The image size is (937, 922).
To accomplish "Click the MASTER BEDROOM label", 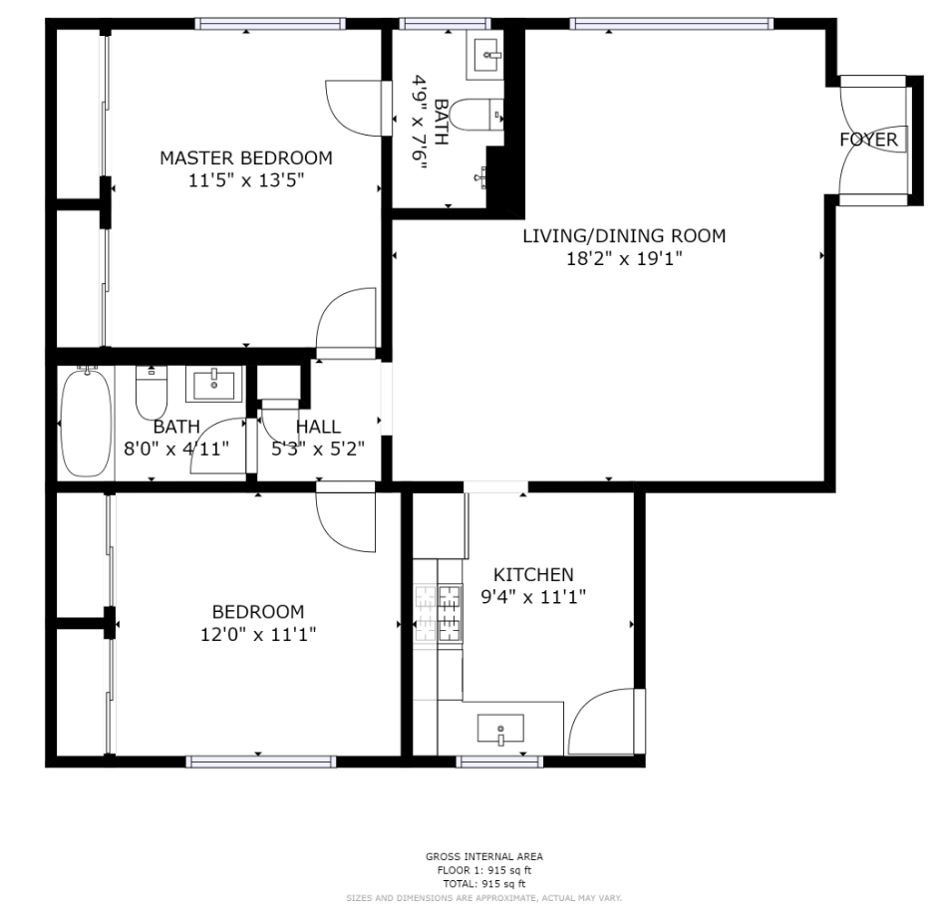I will pos(246,157).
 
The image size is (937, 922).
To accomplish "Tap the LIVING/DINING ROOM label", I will pos(624,236).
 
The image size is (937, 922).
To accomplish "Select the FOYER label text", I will pos(868,140).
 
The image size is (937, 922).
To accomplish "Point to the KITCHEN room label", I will pos(534,574).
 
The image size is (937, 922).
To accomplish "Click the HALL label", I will pos(317,427).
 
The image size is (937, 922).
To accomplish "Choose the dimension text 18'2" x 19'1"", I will pos(624,259).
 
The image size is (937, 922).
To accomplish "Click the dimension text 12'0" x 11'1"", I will pos(258,634).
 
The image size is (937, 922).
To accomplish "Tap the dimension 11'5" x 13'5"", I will pos(246,180).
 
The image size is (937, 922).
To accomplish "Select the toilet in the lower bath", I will pos(152,395).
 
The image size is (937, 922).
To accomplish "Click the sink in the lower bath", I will pos(213,383).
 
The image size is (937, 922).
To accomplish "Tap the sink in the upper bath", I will pos(485,55).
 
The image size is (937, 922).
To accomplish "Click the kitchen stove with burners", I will pos(439,612).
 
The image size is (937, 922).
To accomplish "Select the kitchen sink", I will pos(500,730).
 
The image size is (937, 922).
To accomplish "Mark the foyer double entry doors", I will pos(872,140).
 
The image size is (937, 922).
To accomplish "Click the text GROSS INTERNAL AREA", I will pos(484,856).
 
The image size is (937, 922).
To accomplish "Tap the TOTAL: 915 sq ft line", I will pos(484,884).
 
